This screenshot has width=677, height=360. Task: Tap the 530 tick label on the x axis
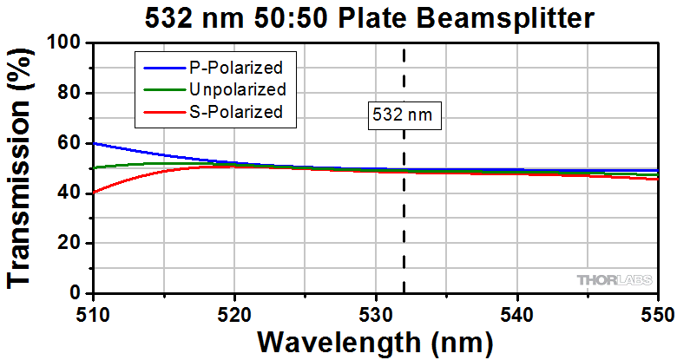[x=375, y=310]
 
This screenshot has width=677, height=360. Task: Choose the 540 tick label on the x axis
[x=516, y=310]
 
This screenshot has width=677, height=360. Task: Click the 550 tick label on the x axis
[x=656, y=310]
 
